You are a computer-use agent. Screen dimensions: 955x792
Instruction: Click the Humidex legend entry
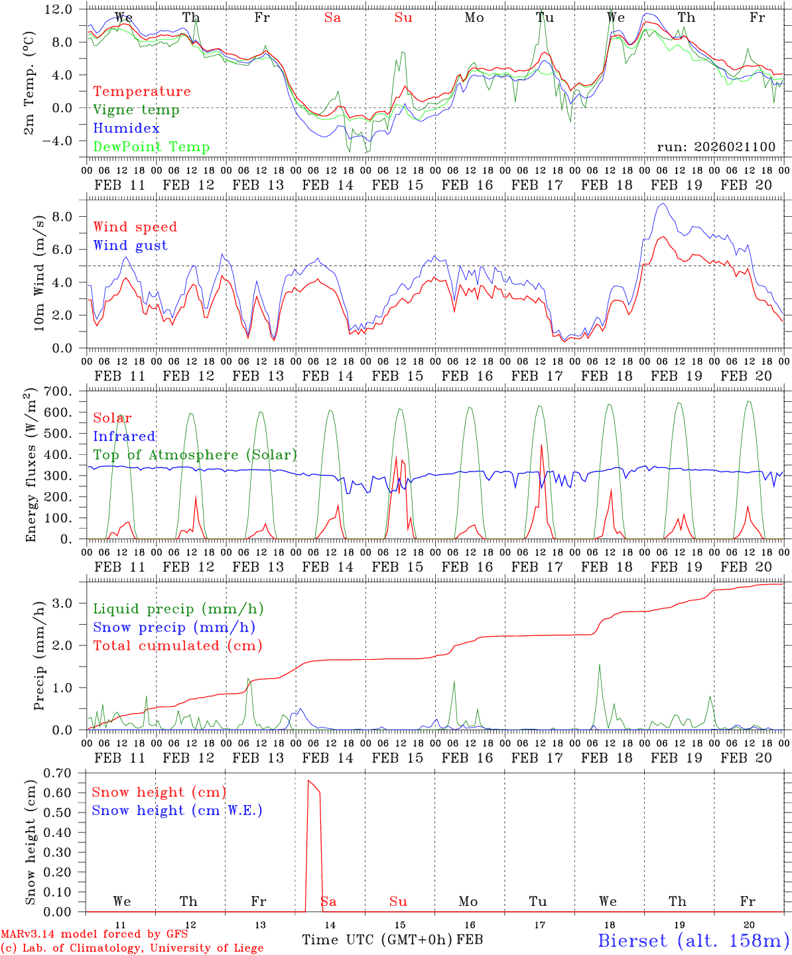[126, 129]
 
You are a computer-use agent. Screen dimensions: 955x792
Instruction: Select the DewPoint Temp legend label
[151, 147]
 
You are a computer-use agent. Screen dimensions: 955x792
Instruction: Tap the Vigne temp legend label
[136, 110]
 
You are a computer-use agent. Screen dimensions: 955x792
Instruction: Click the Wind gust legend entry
[130, 245]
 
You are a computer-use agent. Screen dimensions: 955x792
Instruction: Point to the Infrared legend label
[124, 436]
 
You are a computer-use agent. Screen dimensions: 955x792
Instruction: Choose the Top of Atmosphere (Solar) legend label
[194, 455]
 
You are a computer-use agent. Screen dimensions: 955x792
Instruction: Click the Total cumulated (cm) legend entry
[177, 646]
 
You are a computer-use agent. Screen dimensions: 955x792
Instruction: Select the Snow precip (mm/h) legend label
[174, 627]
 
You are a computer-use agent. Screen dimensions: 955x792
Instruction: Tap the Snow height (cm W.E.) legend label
[177, 810]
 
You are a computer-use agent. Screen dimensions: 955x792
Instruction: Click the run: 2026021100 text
[716, 147]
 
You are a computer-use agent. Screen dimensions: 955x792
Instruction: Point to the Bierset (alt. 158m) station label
[693, 940]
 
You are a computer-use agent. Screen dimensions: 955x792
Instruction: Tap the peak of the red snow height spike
[308, 781]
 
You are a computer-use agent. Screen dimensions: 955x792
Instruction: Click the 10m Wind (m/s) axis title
[38, 272]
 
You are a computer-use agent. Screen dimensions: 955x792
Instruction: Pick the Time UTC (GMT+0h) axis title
[377, 940]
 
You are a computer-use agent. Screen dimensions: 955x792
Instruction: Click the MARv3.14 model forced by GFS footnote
[94, 934]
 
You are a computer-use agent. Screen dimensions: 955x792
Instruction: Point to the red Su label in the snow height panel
[398, 901]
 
